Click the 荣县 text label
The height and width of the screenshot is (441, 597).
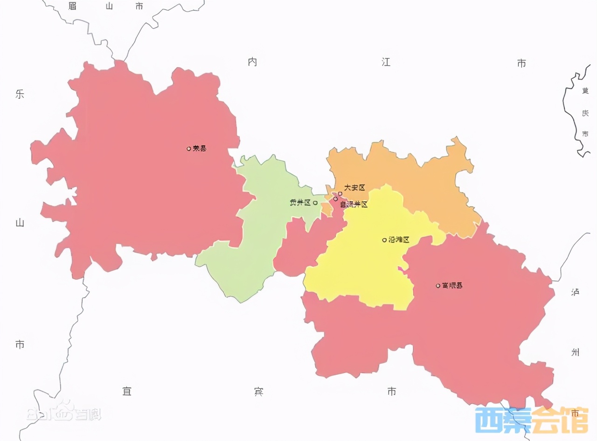pyautogui.click(x=200, y=149)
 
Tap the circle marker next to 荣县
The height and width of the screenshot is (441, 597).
pyautogui.click(x=189, y=149)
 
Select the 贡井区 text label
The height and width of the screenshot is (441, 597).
pyautogui.click(x=300, y=203)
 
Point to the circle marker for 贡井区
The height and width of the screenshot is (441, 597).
pyautogui.click(x=315, y=203)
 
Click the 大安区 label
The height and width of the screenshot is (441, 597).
pyautogui.click(x=355, y=188)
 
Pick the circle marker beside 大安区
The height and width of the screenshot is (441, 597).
pyautogui.click(x=340, y=193)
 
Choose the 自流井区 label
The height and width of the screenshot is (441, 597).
pyautogui.click(x=354, y=205)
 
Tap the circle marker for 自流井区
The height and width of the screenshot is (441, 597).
pyautogui.click(x=335, y=199)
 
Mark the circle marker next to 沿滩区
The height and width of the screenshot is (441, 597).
pyautogui.click(x=384, y=240)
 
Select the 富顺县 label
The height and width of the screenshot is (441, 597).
pyautogui.click(x=452, y=285)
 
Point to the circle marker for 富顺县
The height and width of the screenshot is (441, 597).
pyautogui.click(x=438, y=286)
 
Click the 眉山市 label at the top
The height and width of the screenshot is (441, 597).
pyautogui.click(x=106, y=6)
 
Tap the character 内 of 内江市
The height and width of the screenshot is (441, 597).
pyautogui.click(x=252, y=62)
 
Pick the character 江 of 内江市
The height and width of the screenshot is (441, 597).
pyautogui.click(x=386, y=62)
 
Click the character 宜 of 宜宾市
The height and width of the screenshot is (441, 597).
pyautogui.click(x=126, y=391)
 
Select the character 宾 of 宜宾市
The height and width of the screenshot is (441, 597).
pyautogui.click(x=259, y=391)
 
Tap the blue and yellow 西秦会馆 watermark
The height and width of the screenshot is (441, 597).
pyautogui.click(x=531, y=420)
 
